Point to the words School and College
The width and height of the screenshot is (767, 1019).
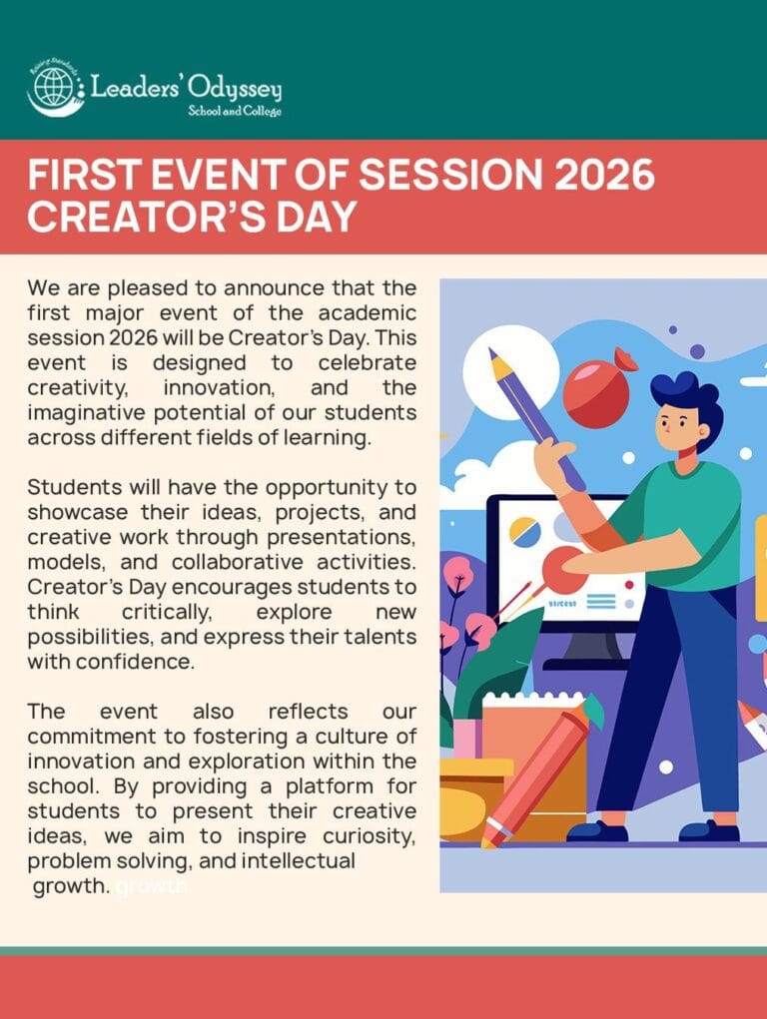pyautogui.click(x=235, y=111)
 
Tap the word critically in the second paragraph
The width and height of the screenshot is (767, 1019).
pyautogui.click(x=167, y=612)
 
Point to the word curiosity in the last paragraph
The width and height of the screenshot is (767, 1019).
pyautogui.click(x=369, y=835)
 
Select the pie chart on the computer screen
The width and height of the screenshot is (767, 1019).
pyautogui.click(x=525, y=532)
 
